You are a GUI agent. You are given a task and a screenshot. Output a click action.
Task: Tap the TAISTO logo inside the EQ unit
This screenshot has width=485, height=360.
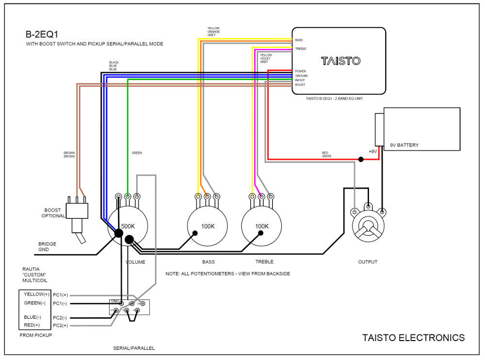[x=341, y=61]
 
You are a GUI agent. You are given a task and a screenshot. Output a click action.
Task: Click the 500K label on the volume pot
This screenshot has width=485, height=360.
[x=128, y=226]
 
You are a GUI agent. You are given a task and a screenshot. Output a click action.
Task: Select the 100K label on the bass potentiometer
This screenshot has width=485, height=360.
[x=208, y=226]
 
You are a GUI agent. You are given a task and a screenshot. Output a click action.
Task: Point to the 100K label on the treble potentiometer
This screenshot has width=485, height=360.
[x=262, y=226]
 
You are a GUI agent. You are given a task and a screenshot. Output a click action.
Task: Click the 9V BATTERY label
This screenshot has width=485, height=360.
[x=404, y=145]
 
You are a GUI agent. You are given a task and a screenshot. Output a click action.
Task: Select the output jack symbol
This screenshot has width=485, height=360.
[x=368, y=226]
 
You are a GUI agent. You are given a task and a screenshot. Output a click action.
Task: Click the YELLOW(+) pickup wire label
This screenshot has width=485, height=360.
[x=37, y=295]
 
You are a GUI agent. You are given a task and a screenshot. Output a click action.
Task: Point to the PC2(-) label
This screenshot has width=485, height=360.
[x=62, y=317]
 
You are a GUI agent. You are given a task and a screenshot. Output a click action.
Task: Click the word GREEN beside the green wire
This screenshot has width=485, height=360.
[x=137, y=153]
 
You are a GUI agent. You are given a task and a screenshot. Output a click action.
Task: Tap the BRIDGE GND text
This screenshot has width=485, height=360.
[x=47, y=246]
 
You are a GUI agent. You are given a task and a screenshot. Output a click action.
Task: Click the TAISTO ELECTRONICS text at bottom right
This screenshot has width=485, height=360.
[x=413, y=338]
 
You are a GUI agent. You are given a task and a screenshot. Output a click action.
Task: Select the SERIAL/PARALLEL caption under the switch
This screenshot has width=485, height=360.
[x=134, y=348]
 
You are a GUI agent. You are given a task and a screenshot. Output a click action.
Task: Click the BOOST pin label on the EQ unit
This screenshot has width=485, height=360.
[x=300, y=85]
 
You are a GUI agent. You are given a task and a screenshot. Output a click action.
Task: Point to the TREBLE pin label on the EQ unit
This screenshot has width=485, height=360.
[x=301, y=49]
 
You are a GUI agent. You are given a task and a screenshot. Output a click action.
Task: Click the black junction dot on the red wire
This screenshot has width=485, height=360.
[x=361, y=159]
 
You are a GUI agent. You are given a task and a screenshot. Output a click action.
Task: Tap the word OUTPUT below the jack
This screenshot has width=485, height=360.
[x=368, y=262]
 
